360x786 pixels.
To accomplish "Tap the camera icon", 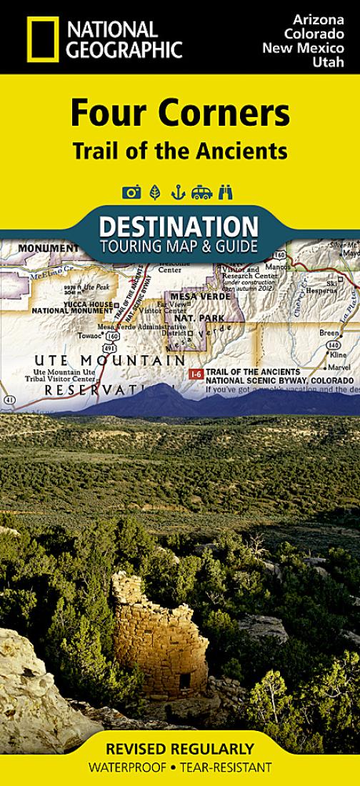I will (x=131, y=191).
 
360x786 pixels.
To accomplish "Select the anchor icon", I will (x=179, y=191).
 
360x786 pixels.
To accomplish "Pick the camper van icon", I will (x=202, y=191).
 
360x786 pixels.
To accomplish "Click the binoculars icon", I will (x=226, y=191).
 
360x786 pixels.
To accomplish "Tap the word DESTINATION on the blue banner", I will (x=179, y=227).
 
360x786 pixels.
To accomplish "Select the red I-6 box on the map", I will (x=194, y=374).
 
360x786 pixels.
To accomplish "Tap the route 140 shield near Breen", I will (x=333, y=344).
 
